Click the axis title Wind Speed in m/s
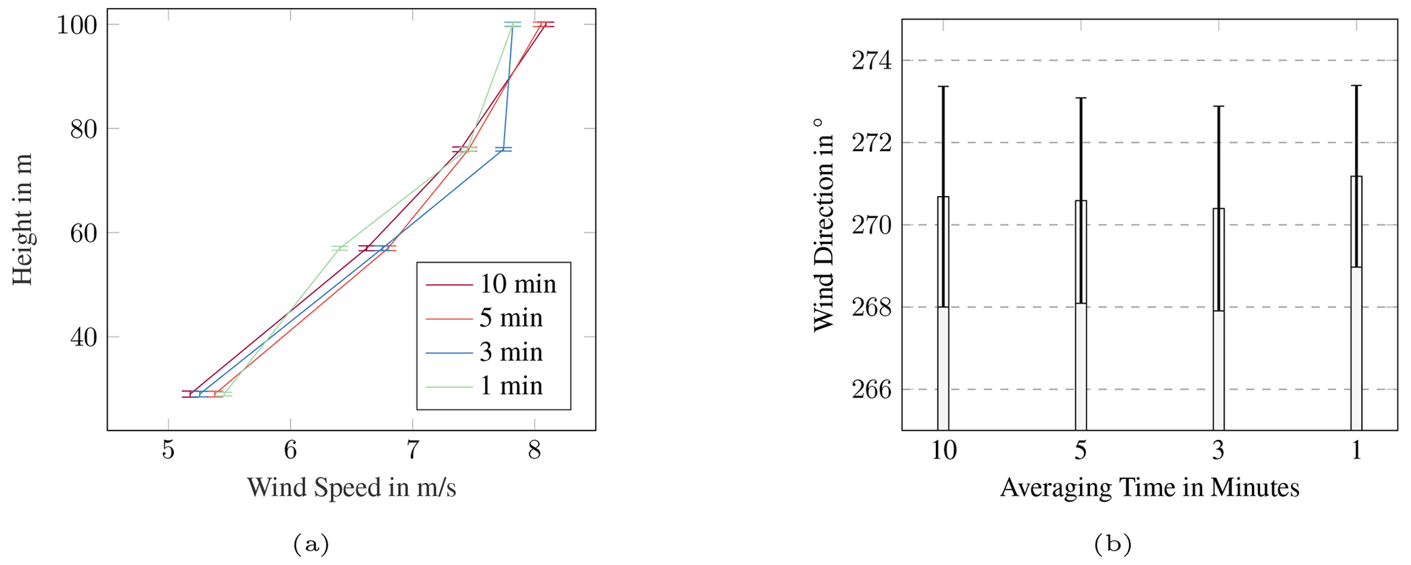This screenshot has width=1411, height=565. (x=351, y=488)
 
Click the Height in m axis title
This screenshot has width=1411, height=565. (x=23, y=219)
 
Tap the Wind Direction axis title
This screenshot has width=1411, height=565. (x=825, y=224)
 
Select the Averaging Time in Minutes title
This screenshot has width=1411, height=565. (x=1150, y=488)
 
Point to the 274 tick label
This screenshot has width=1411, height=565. (x=872, y=61)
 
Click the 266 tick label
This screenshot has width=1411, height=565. (x=872, y=389)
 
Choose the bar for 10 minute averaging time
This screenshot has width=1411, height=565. (x=943, y=314)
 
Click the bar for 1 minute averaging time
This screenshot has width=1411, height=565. (x=1356, y=304)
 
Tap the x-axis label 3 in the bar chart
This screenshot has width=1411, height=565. (x=1218, y=452)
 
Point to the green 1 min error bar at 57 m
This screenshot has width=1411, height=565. (x=340, y=248)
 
